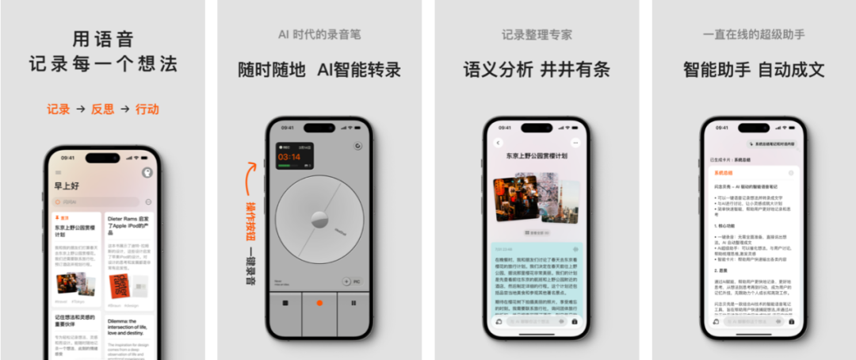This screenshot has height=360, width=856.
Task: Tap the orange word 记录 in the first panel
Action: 58,109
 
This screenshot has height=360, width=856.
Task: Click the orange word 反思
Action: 102,109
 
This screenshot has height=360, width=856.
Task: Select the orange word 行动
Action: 147,109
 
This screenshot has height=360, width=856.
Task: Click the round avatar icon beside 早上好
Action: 147,173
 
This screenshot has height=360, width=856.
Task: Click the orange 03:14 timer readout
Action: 289,157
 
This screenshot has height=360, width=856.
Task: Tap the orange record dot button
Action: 319,302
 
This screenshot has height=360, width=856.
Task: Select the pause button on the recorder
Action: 352,302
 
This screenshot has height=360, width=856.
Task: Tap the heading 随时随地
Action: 271,69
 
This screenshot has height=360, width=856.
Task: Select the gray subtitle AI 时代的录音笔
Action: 319,35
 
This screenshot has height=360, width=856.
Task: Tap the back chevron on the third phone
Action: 499,143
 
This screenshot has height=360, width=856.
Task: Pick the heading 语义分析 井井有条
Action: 537,69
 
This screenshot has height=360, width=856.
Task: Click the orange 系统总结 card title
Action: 724,172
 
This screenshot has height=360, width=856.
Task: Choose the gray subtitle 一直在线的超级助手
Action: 754,35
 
